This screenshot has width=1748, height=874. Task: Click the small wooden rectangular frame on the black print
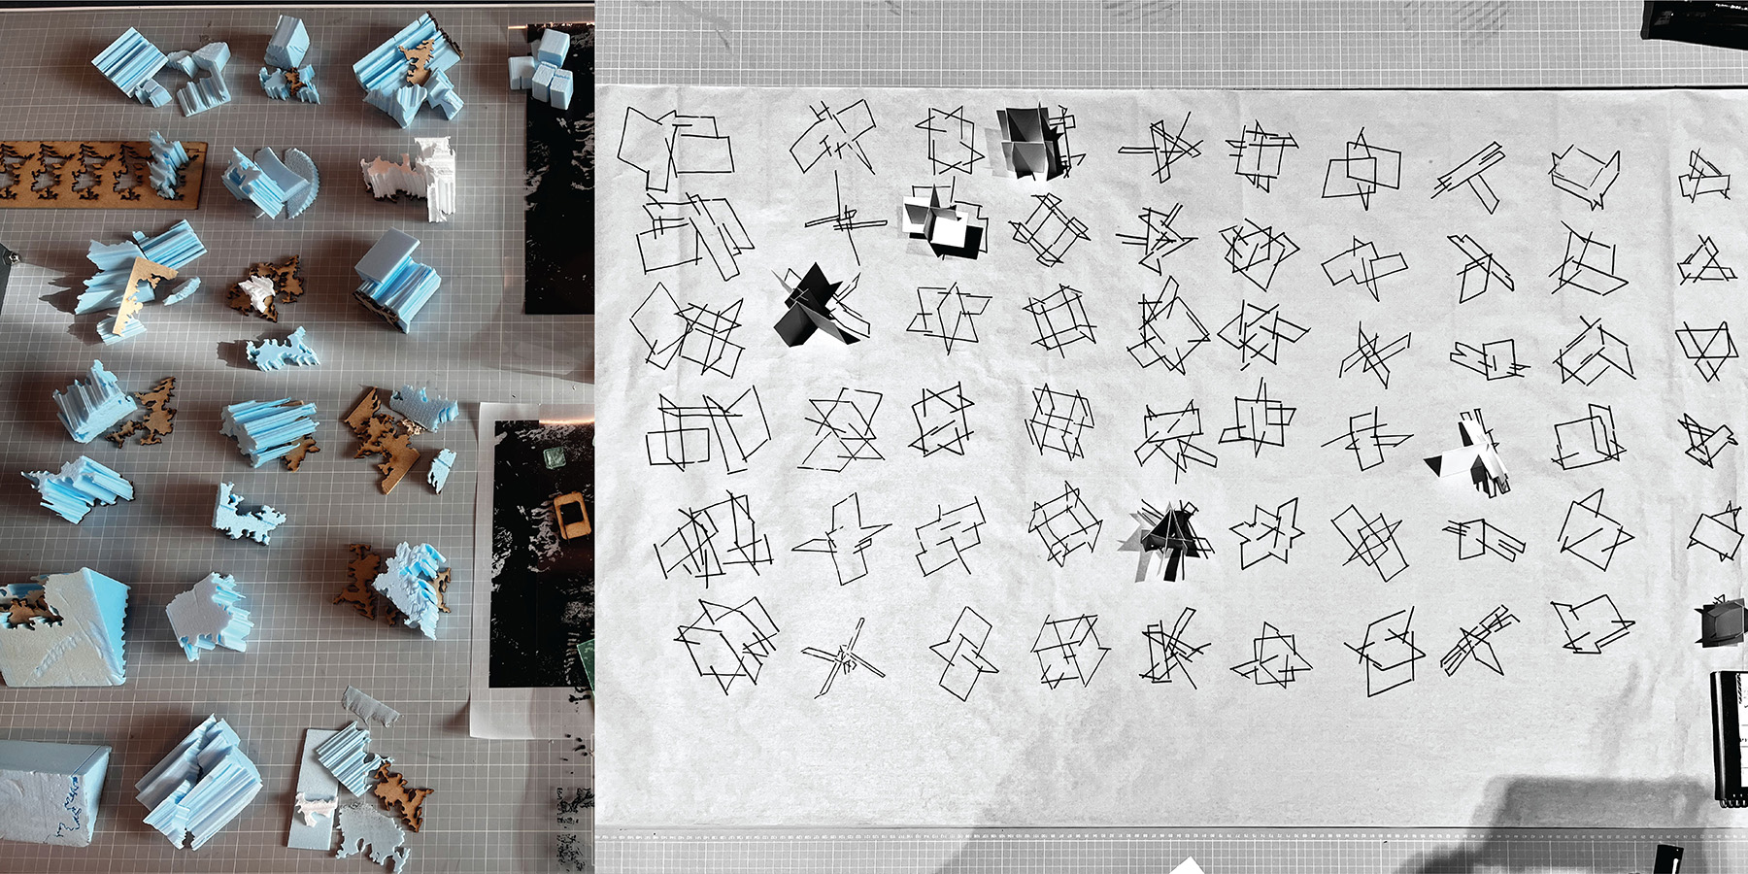569,515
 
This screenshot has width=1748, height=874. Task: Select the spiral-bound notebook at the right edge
1729,738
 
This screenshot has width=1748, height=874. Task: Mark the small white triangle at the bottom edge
1187,866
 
